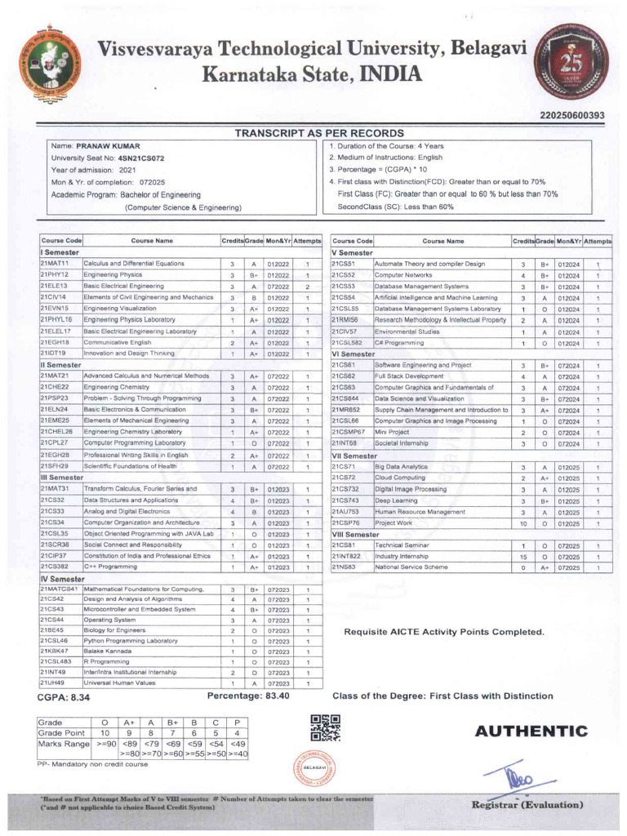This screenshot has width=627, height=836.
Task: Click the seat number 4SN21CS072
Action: coord(136,158)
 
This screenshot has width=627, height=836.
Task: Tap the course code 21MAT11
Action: coord(56,264)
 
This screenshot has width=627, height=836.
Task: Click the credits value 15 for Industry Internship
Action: coord(522,556)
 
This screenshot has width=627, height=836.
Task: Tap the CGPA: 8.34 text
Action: coord(64,698)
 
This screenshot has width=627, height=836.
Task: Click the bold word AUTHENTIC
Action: coord(531,731)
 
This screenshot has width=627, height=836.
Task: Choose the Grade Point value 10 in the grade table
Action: coord(104,732)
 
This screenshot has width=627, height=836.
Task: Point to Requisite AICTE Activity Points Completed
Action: coord(443,631)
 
